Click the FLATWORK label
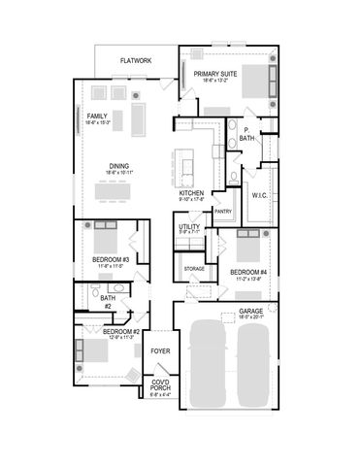tap(136, 61)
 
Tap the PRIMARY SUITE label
tap(215, 74)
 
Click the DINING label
tap(119, 166)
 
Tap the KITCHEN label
tap(191, 193)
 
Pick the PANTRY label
tap(222, 211)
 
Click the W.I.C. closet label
tap(259, 195)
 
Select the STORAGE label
tap(194, 267)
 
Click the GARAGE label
tap(251, 312)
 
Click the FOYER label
tap(160, 351)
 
